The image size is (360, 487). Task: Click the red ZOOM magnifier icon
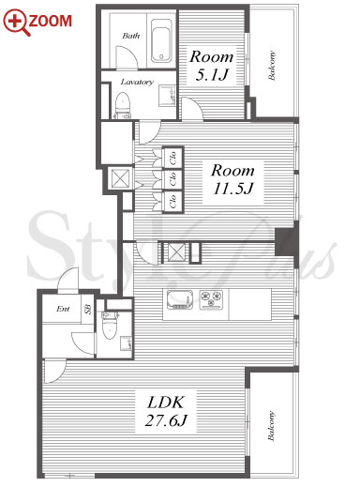click(16, 23)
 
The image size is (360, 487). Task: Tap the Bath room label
click(131, 36)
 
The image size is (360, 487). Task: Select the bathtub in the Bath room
click(161, 41)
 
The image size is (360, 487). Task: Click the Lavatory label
click(137, 82)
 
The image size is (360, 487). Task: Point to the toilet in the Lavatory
click(123, 105)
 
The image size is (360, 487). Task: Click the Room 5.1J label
click(212, 66)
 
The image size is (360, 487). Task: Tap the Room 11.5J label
click(232, 179)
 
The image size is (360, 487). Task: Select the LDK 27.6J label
click(166, 411)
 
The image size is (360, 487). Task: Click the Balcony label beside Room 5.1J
click(272, 66)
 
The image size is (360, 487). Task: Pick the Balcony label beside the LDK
click(271, 426)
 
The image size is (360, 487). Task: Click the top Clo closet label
click(172, 158)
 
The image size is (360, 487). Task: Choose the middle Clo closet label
click(172, 179)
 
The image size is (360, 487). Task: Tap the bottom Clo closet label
click(172, 201)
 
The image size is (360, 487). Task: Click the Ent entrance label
click(63, 309)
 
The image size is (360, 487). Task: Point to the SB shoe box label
click(88, 309)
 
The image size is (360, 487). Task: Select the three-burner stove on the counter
click(212, 299)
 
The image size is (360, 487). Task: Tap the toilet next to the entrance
click(109, 326)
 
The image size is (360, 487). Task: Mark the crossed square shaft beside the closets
click(120, 178)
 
